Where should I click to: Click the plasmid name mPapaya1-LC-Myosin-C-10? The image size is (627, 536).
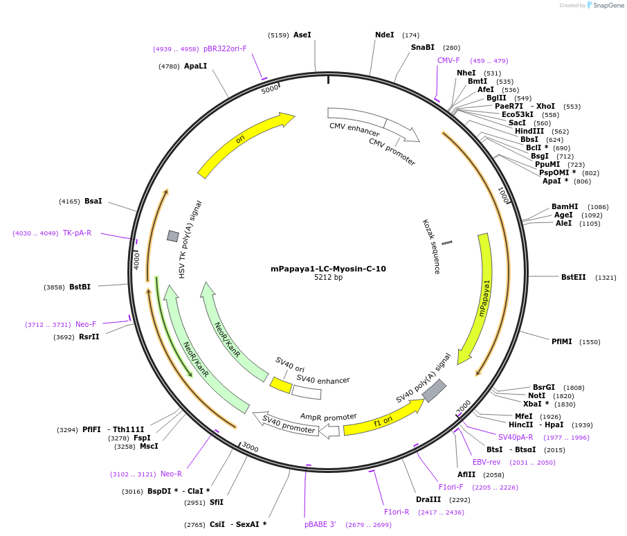[x=328, y=269]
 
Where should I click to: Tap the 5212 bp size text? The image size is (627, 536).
[x=328, y=278]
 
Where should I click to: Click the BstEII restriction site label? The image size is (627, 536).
[x=573, y=277]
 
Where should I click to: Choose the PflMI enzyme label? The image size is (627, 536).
[x=561, y=341]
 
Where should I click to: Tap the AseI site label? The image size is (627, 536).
[x=302, y=35]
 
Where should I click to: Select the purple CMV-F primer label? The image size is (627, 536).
[x=448, y=60]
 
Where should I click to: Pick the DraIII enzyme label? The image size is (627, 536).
[x=428, y=499]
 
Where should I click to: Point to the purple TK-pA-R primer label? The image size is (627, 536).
[x=77, y=233]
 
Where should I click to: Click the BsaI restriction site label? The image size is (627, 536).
[x=93, y=201]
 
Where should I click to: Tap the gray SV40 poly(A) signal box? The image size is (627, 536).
[x=434, y=391]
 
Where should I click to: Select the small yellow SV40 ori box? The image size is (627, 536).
[x=280, y=385]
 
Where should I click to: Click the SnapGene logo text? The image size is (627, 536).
[x=607, y=6]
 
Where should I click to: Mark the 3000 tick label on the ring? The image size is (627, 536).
[x=250, y=448]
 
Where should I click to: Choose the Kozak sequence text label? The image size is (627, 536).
[x=431, y=247]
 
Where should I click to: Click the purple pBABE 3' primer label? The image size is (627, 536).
[x=320, y=524]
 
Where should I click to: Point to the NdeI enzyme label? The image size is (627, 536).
[x=384, y=35]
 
